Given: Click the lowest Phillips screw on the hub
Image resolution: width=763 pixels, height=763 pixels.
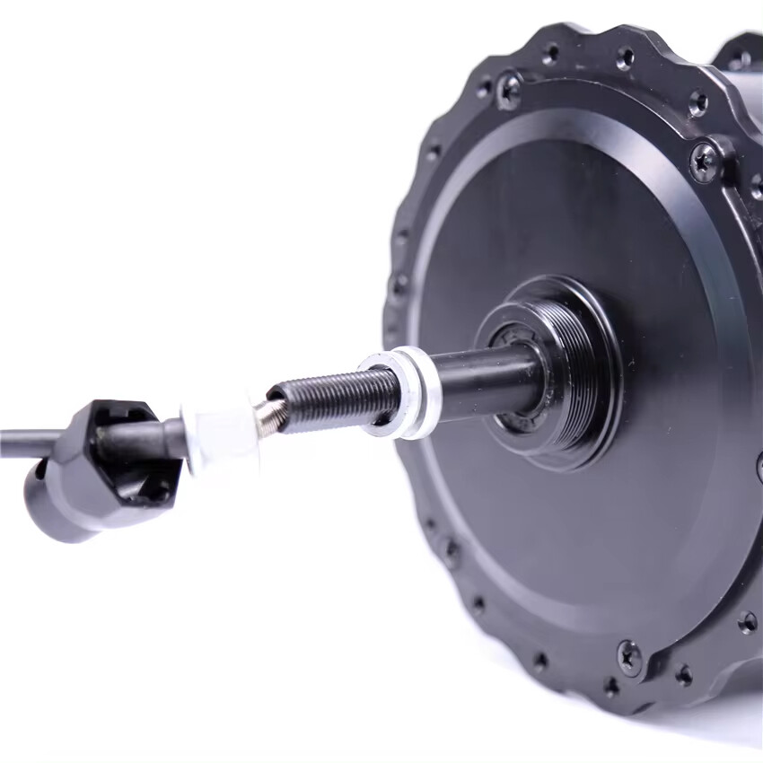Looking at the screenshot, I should coord(628,656).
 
